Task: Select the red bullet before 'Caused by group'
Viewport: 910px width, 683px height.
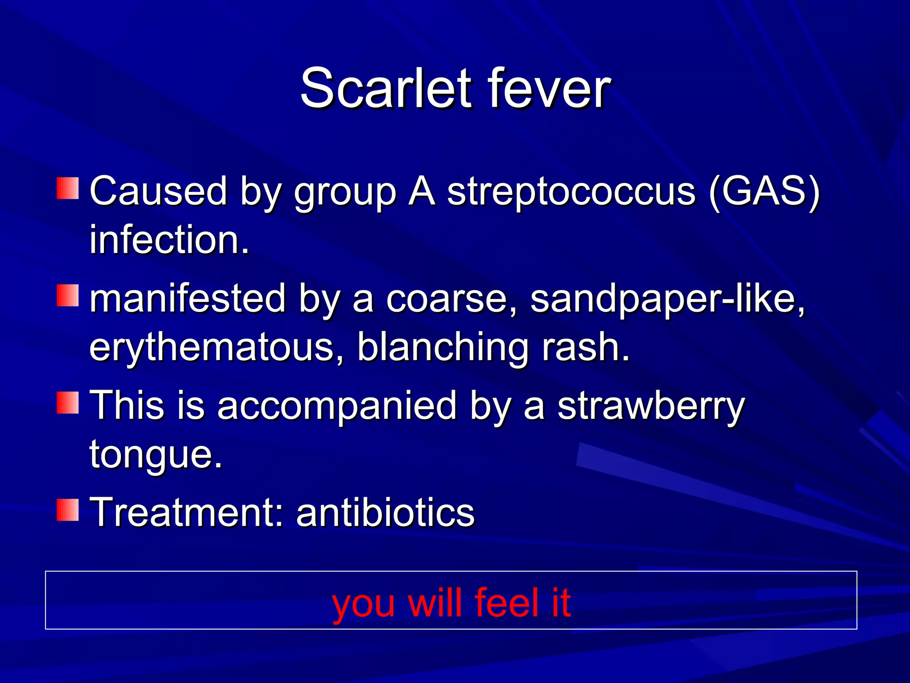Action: coord(68,188)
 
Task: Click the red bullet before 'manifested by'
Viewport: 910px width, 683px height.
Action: coord(68,296)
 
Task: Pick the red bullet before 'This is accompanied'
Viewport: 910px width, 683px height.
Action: coord(68,403)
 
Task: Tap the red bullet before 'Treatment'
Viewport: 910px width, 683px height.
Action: coord(68,510)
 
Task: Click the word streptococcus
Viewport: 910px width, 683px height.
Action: coord(571,191)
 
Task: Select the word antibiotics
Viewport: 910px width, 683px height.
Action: coord(386,512)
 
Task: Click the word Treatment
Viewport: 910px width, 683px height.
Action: coord(187,512)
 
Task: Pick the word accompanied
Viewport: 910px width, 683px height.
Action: coord(337,406)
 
